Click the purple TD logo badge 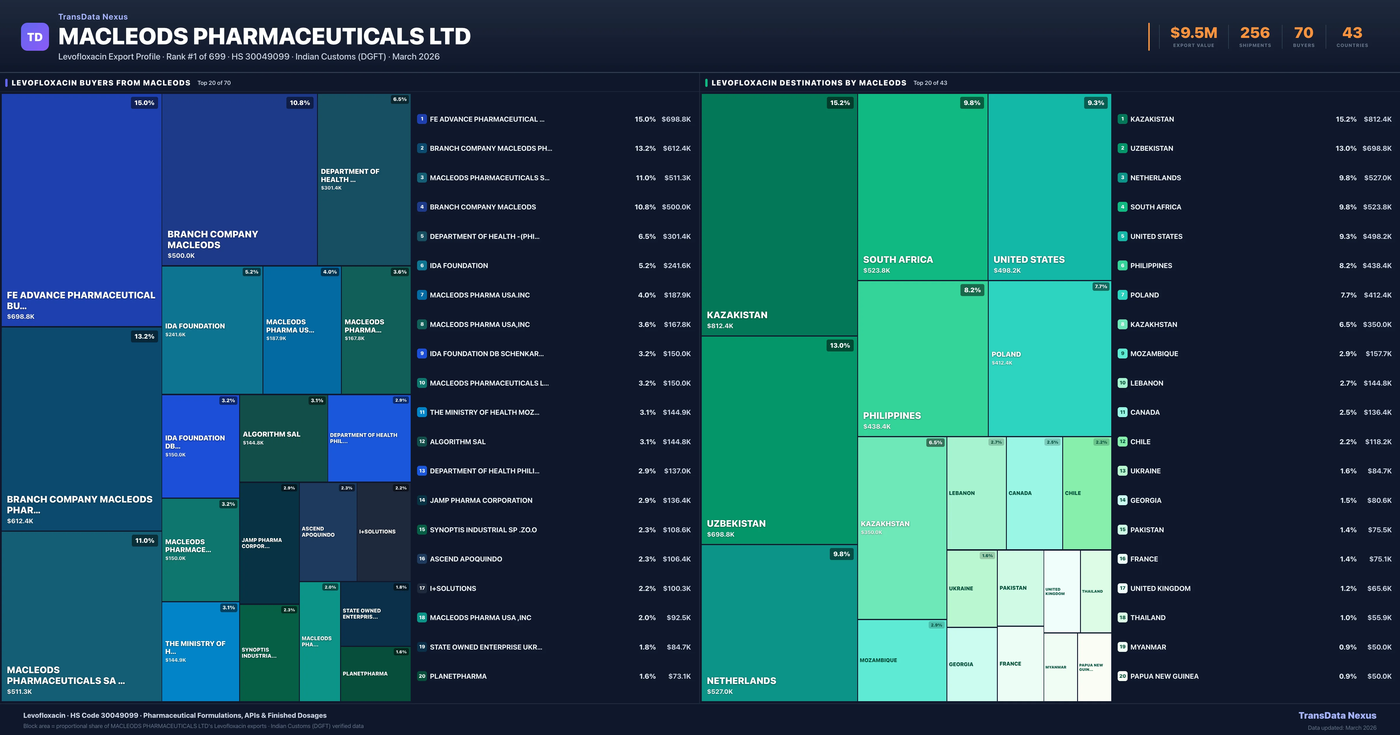click(35, 37)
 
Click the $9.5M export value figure click(1193, 33)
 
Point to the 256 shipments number click(1255, 33)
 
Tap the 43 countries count click(1352, 33)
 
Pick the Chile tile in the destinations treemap click(1086, 493)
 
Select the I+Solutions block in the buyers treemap click(383, 532)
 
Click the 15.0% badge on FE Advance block click(144, 103)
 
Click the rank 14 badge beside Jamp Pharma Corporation click(422, 500)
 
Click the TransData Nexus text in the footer click(1337, 715)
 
